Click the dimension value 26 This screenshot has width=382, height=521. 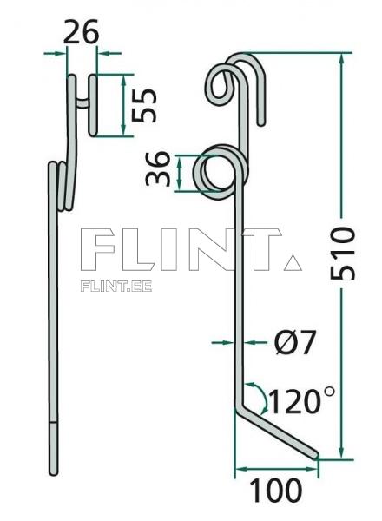[82, 32]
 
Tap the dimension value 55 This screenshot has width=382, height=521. [145, 105]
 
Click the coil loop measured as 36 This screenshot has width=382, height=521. [214, 171]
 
